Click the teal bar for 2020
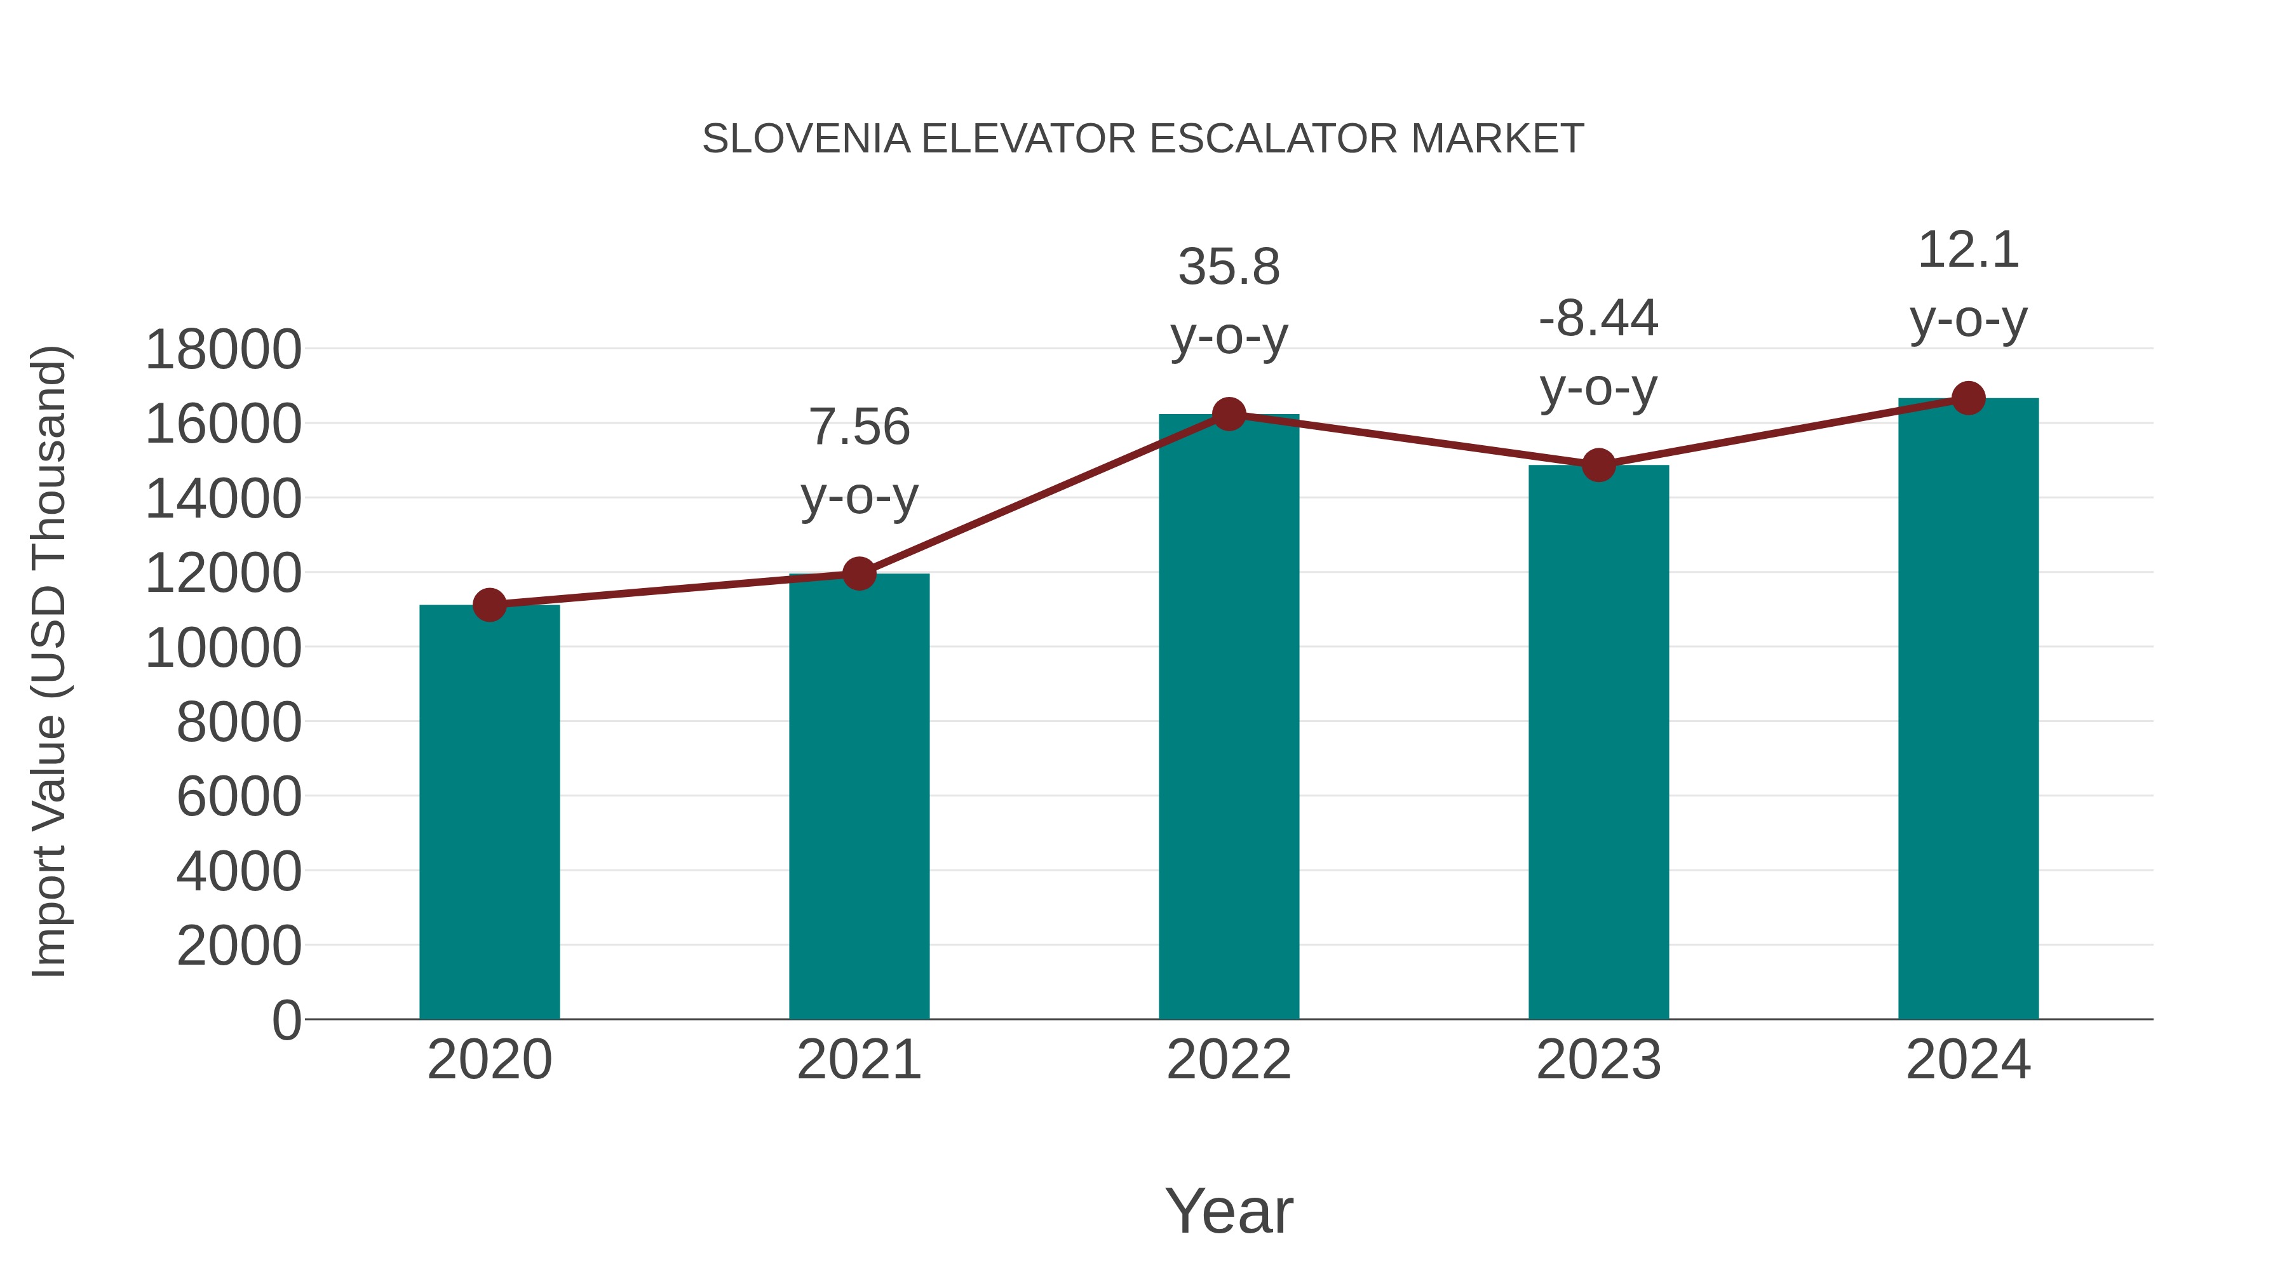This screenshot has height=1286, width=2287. point(489,812)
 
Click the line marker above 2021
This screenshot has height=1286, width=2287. point(858,573)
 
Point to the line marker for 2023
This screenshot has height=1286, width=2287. point(1598,464)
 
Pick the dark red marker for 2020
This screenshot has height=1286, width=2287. point(489,605)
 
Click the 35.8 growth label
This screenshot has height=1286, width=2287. point(1229,267)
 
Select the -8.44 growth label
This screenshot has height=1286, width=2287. point(1598,319)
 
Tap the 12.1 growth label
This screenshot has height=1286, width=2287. point(1968,250)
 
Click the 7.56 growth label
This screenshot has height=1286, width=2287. point(858,428)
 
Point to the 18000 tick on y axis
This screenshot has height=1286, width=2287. point(223,350)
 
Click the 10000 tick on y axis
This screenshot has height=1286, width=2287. point(223,648)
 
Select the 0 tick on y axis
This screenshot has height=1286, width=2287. point(286,1020)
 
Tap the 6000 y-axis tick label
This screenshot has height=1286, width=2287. point(239,797)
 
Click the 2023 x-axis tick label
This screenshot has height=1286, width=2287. point(1598,1060)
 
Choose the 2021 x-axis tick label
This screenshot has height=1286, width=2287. point(858,1060)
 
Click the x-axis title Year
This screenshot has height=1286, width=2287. point(1229,1210)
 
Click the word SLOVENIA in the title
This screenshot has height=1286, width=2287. point(806,139)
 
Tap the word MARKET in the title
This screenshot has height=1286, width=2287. point(1497,139)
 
